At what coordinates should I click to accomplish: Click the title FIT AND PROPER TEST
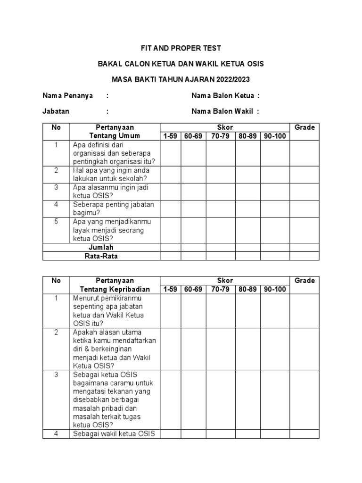181,48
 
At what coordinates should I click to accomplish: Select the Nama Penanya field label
68,96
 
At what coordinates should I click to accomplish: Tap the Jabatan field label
56,111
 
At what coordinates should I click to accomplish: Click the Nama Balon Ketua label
222,96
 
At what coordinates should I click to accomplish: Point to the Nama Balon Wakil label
222,111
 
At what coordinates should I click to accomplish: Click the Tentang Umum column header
115,136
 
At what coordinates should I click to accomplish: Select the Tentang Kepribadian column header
115,289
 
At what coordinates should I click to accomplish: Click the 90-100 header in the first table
275,136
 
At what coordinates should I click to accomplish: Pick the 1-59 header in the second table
170,289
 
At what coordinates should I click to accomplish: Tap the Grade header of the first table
304,127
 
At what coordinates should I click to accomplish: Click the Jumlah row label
101,247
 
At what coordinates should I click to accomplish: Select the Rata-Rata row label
101,256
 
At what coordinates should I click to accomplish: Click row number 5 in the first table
56,221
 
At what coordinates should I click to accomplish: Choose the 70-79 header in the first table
221,136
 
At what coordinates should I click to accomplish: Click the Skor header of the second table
224,280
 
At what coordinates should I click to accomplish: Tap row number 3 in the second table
56,375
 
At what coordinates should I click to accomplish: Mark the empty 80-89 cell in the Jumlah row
248,247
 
